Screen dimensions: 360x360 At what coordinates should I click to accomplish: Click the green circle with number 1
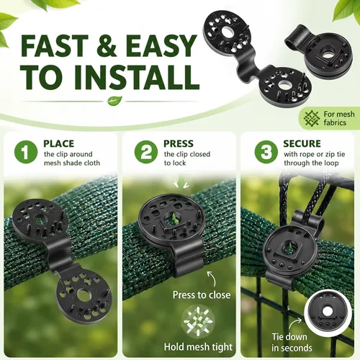click(x=26, y=152)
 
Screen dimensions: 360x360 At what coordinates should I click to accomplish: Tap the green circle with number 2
click(x=146, y=152)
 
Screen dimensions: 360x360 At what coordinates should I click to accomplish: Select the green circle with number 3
click(x=266, y=152)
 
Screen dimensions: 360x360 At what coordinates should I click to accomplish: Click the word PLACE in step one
click(x=58, y=143)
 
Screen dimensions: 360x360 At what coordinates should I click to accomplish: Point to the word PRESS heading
click(x=179, y=143)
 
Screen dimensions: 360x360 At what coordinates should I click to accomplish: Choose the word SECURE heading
click(x=302, y=143)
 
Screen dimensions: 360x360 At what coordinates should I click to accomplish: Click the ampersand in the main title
click(x=107, y=45)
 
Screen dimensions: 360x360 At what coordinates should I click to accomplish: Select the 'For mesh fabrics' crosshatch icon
click(x=312, y=118)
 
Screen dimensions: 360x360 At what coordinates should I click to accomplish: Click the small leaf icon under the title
click(x=114, y=101)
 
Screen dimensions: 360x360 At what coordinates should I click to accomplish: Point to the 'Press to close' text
click(x=202, y=294)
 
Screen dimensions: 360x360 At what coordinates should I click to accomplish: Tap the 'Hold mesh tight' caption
click(x=198, y=347)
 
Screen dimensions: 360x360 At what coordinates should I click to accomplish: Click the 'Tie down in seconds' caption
click(x=292, y=343)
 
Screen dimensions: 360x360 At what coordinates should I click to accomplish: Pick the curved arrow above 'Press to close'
click(x=212, y=279)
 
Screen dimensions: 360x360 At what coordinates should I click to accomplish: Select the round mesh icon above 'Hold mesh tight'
click(x=198, y=322)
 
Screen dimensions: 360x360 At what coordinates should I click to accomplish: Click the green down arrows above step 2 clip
click(x=181, y=184)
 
